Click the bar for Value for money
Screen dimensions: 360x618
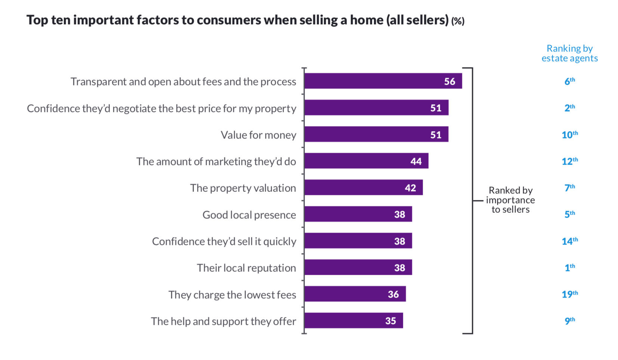point(376,134)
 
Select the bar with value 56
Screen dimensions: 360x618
point(383,81)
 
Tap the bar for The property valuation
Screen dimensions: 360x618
point(363,187)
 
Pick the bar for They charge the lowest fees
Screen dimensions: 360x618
point(355,294)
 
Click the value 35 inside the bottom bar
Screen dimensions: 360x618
point(390,321)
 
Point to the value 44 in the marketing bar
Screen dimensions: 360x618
point(416,161)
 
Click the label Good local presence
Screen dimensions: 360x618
point(249,215)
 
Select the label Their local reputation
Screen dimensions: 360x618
point(246,268)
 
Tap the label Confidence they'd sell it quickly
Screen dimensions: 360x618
point(224,241)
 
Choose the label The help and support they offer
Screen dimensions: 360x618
point(223,321)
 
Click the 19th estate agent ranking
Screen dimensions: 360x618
point(569,294)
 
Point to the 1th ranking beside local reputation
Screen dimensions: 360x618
point(569,267)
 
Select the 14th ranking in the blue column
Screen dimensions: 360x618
point(569,241)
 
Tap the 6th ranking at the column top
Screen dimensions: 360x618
point(569,81)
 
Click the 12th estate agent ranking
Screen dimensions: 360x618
point(569,161)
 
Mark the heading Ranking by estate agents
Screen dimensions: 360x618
point(569,53)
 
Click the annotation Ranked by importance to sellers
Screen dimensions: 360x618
point(510,200)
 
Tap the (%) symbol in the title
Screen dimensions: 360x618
point(458,21)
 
